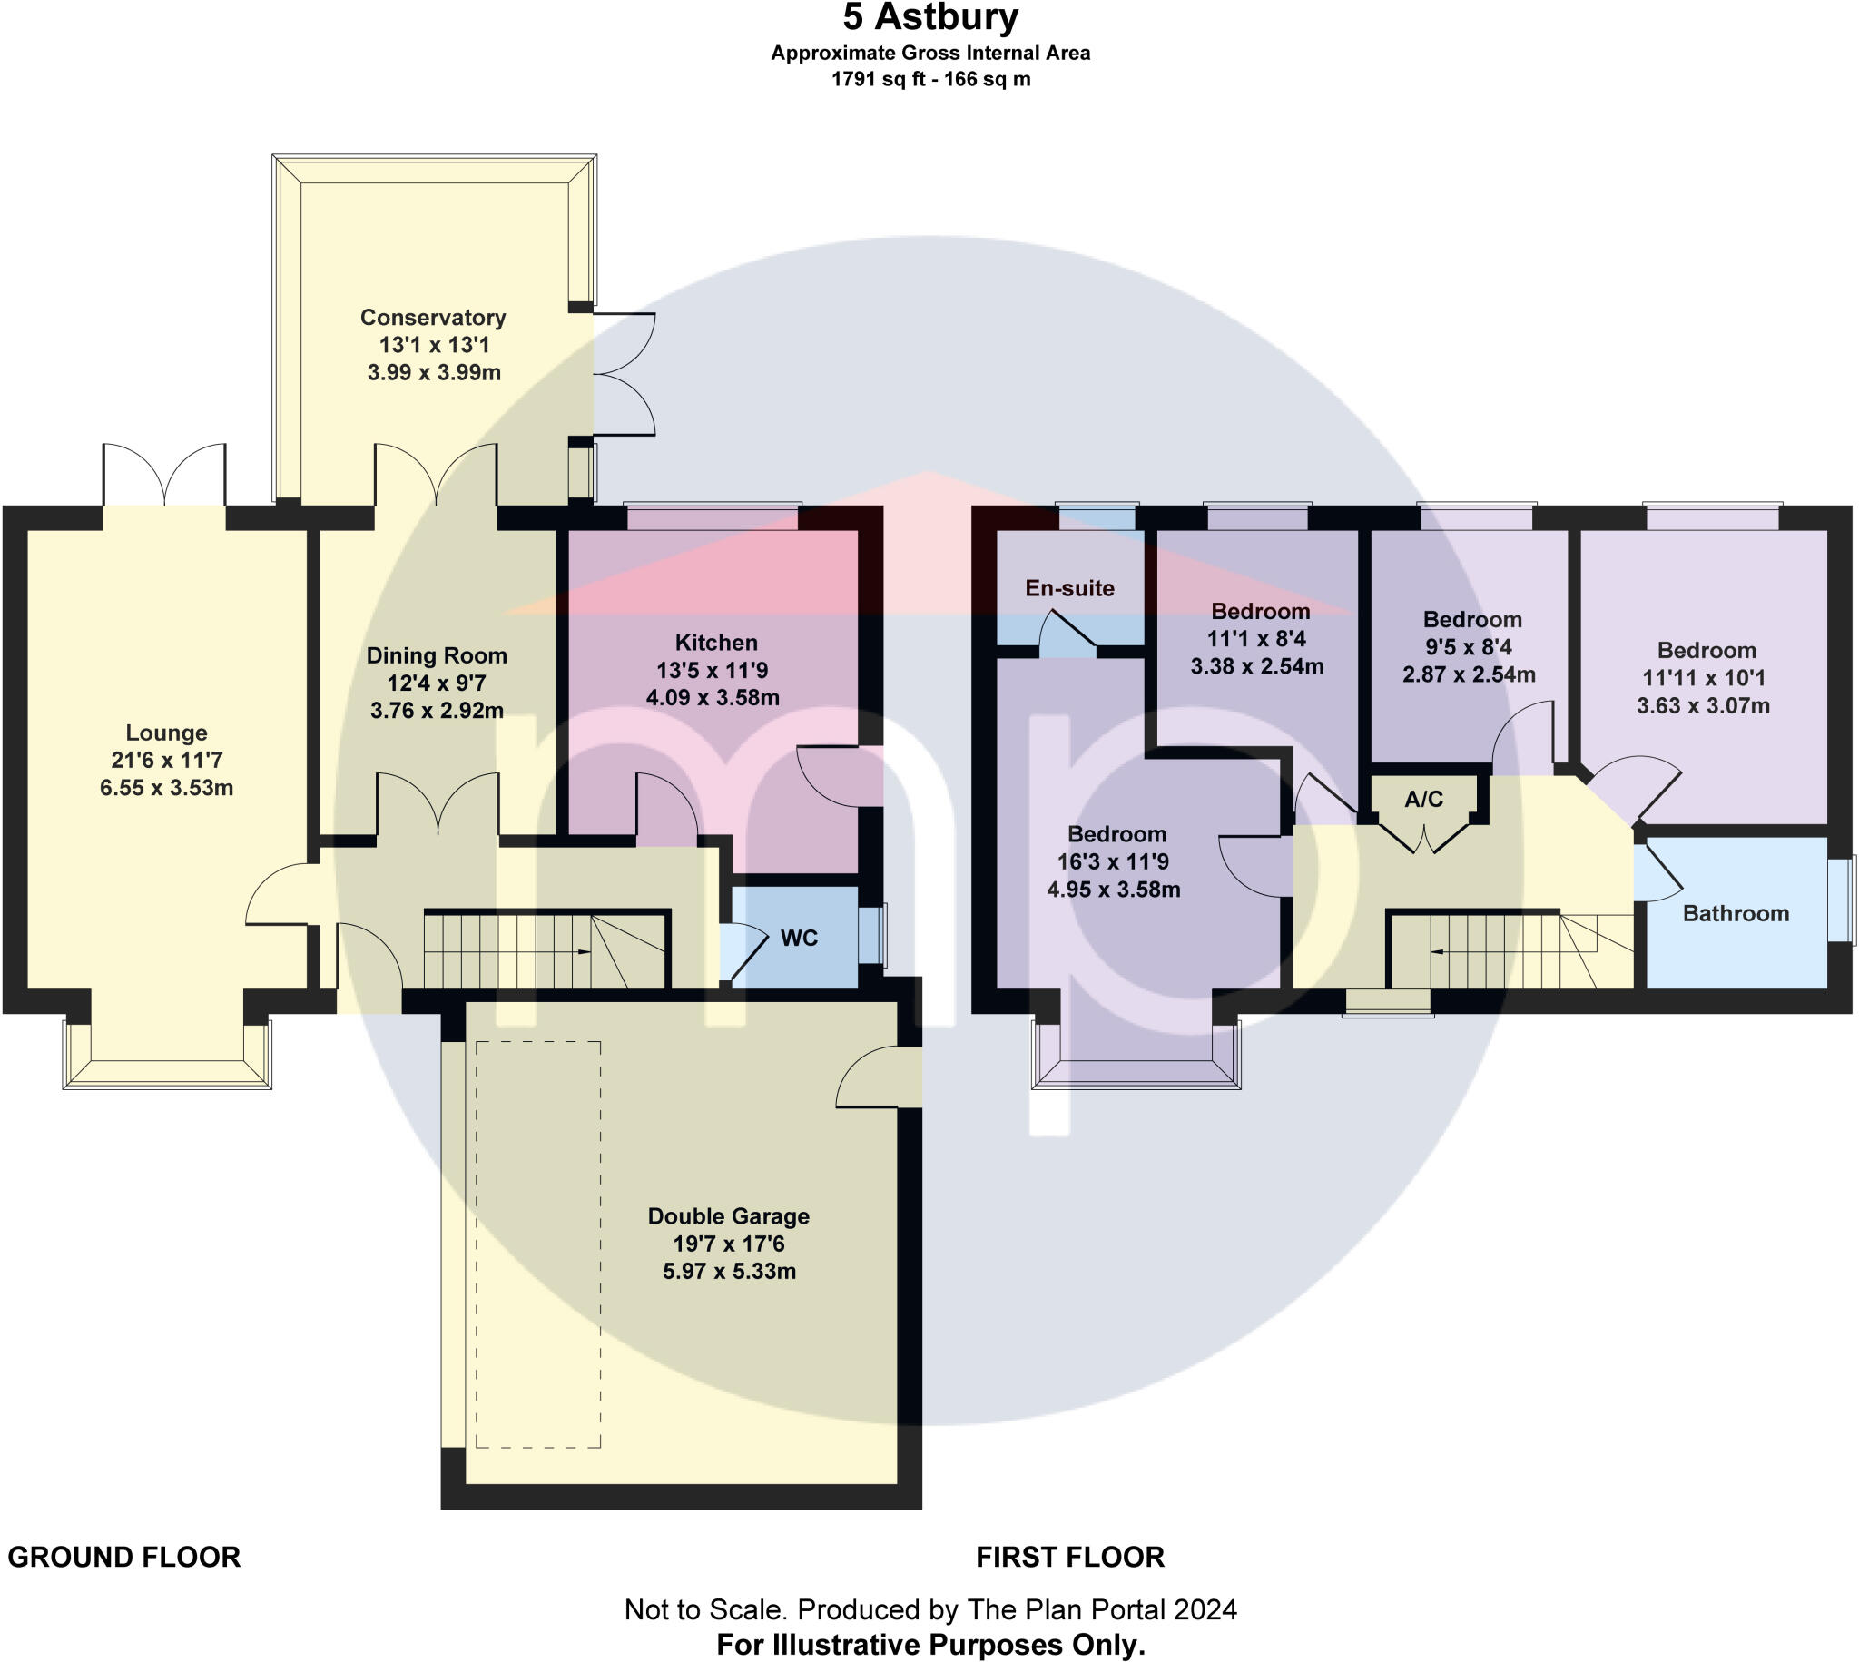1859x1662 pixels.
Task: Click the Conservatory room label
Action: click(x=433, y=318)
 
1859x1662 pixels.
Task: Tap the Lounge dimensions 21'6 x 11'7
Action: click(x=167, y=760)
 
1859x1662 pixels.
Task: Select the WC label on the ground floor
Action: click(x=799, y=939)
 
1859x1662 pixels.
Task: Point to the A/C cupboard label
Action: click(x=1423, y=800)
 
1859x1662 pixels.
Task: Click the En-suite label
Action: click(x=1069, y=588)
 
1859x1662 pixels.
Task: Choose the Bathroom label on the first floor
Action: click(x=1735, y=914)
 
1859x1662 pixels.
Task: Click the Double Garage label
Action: click(x=728, y=1216)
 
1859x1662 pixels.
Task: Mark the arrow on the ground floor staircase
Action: click(x=583, y=952)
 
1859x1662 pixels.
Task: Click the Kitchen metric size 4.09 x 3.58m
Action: click(x=713, y=699)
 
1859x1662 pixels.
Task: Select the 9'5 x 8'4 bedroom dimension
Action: click(x=1468, y=647)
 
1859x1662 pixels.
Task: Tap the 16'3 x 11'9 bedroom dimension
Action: click(x=1113, y=862)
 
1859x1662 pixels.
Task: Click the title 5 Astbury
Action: click(x=929, y=17)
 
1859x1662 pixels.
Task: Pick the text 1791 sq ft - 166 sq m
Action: click(x=929, y=80)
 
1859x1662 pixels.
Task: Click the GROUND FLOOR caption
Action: click(x=124, y=1557)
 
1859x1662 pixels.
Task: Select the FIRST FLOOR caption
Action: click(x=1069, y=1557)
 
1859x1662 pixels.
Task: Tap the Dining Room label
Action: click(x=437, y=655)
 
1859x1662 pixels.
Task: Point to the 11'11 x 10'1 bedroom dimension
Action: click(x=1703, y=678)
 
